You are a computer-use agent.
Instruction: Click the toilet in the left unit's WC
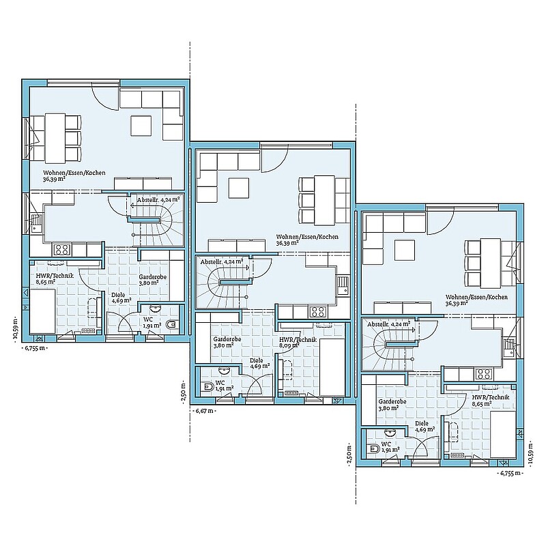(172, 325)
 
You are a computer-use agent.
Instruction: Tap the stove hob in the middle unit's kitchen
(318, 311)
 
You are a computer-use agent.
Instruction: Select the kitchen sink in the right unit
(508, 347)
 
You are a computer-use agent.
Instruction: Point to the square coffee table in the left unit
(141, 126)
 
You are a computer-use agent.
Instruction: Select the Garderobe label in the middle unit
(227, 339)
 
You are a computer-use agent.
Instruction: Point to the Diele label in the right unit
(422, 423)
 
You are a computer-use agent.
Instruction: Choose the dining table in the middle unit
(324, 200)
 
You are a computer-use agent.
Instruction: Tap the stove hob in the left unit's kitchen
(61, 249)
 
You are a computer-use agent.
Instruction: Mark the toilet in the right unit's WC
(373, 448)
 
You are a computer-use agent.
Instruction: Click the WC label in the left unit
(147, 319)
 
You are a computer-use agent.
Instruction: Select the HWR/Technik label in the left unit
(55, 276)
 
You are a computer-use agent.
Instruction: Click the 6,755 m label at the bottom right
(510, 473)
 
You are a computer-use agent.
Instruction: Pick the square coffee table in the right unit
(405, 250)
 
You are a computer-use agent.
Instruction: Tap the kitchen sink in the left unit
(35, 224)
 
